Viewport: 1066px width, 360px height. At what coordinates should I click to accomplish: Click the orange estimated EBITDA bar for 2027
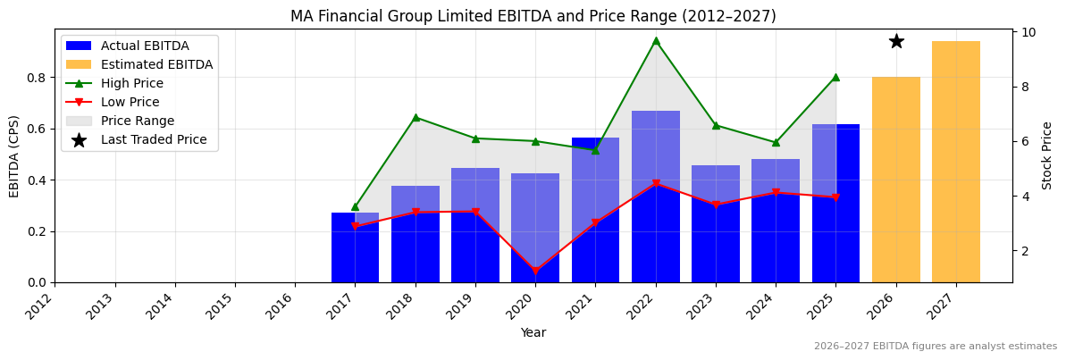955,162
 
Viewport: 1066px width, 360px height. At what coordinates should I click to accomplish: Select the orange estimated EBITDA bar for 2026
895,180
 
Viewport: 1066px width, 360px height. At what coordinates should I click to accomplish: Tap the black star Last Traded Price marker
895,41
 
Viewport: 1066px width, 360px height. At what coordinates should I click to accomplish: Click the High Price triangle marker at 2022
655,40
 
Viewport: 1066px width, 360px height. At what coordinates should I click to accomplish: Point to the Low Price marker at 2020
535,271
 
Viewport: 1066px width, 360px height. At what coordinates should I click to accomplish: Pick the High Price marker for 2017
355,206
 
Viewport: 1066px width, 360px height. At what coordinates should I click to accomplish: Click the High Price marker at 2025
835,77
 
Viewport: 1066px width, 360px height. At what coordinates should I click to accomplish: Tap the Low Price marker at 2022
655,184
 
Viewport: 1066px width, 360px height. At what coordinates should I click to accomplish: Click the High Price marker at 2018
415,117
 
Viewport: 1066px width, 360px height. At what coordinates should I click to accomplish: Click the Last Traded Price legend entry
153,140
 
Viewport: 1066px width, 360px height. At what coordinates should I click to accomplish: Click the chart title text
533,16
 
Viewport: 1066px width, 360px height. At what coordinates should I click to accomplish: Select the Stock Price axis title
1047,155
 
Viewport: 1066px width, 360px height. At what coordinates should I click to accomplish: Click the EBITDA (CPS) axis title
14,155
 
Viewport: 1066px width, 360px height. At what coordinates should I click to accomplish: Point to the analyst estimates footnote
935,347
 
